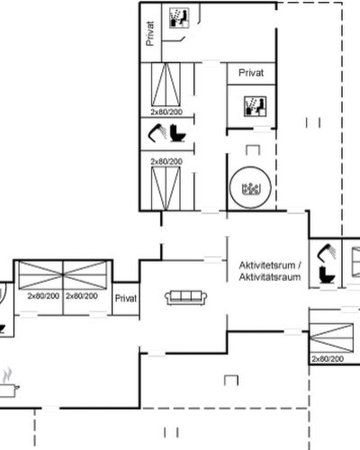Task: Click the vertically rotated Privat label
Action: click(x=150, y=33)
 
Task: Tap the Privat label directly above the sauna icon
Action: click(x=251, y=73)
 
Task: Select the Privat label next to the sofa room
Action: click(x=126, y=299)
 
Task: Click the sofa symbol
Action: click(x=186, y=298)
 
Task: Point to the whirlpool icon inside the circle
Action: click(x=250, y=189)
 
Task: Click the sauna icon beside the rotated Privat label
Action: click(x=179, y=18)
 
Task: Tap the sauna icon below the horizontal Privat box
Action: click(x=255, y=106)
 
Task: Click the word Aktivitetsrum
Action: click(x=267, y=265)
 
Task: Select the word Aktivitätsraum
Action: click(x=270, y=277)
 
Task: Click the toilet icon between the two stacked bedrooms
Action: click(x=178, y=133)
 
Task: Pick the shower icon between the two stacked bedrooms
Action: click(x=157, y=133)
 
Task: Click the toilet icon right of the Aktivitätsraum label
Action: click(x=327, y=274)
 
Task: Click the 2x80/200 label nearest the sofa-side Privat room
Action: click(x=82, y=296)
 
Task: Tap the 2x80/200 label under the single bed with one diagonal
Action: click(x=328, y=359)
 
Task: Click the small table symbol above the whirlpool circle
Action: click(x=253, y=150)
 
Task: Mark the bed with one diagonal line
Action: click(x=331, y=337)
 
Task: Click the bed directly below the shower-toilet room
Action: click(x=166, y=189)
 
